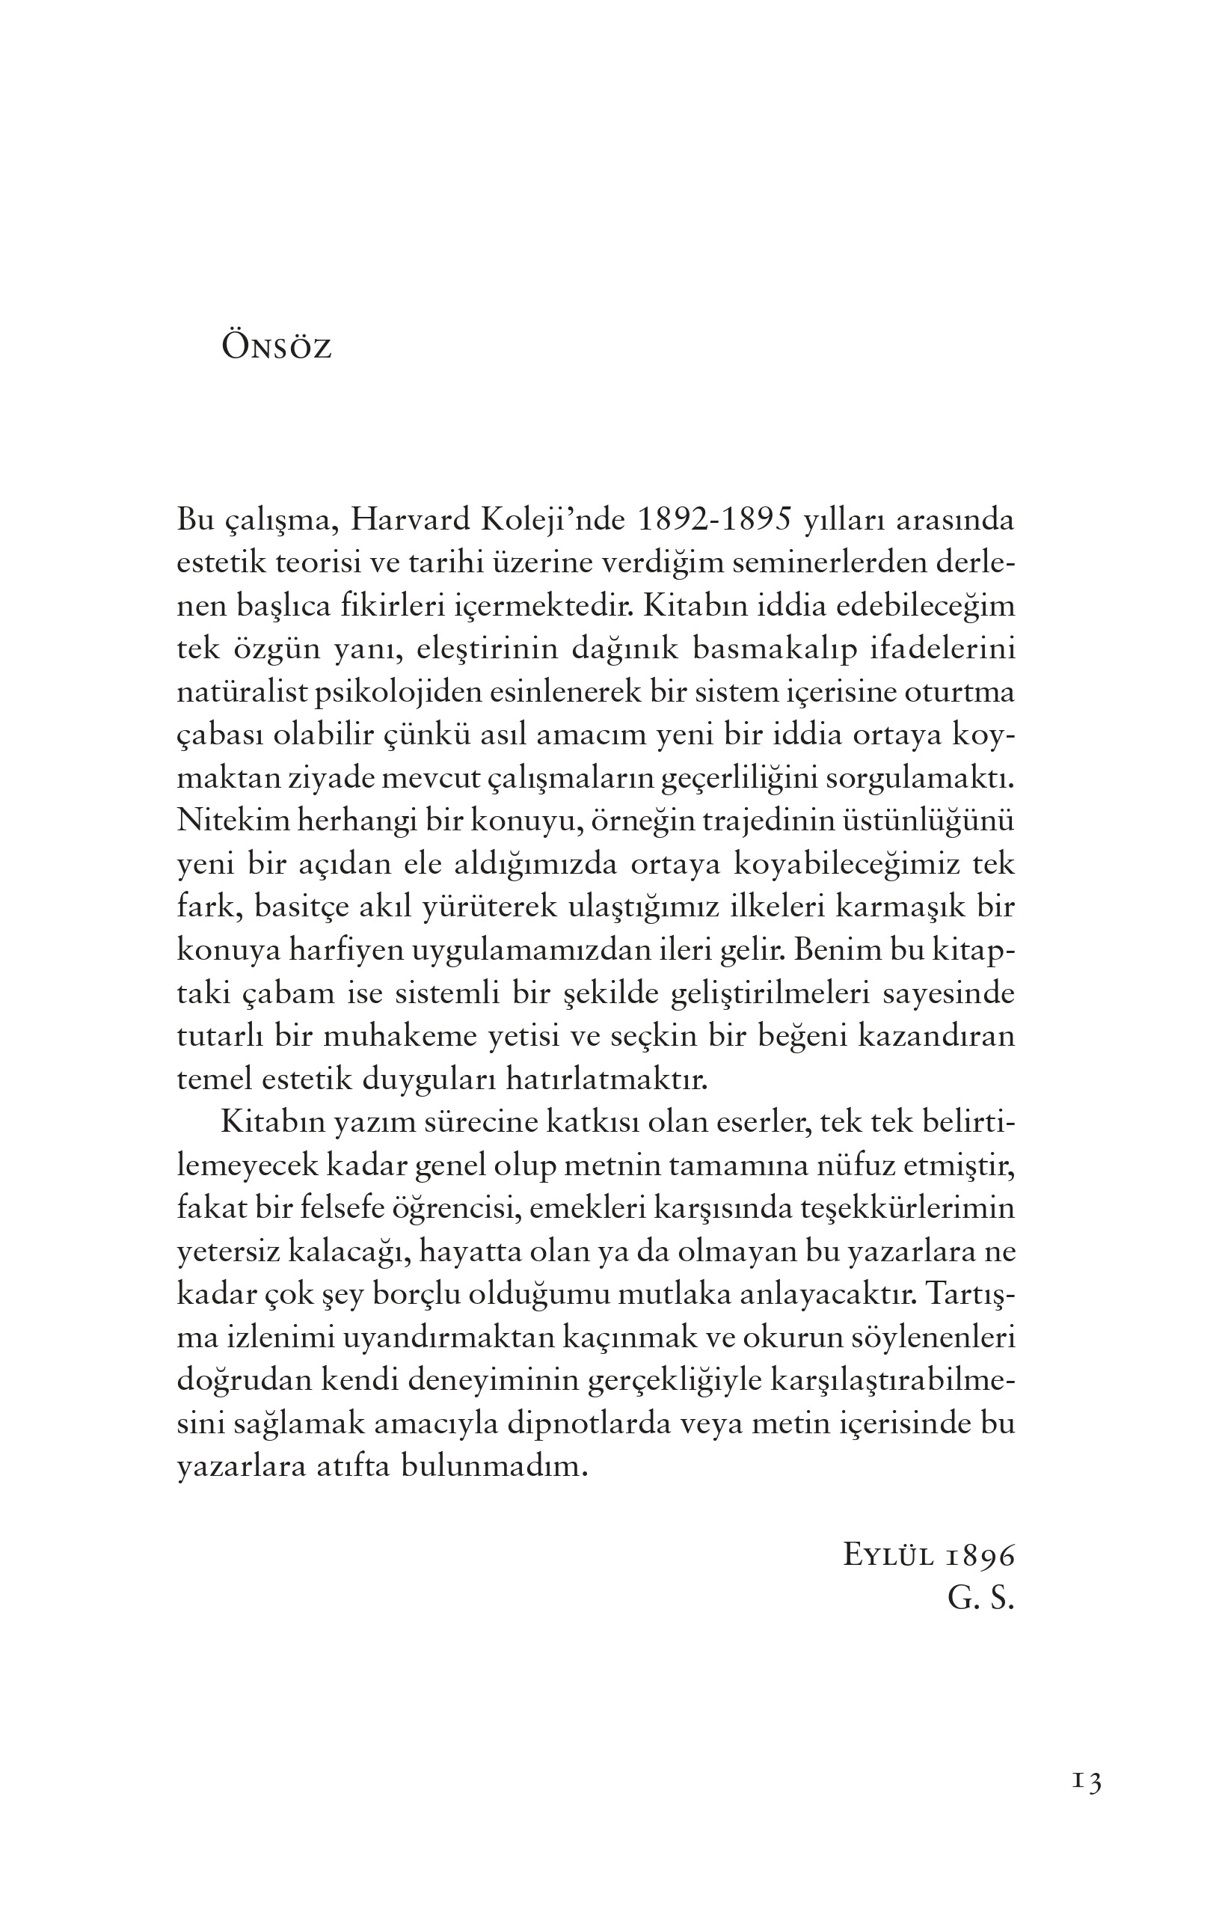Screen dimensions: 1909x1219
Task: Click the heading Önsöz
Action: click(276, 348)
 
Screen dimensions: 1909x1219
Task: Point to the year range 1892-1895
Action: click(715, 521)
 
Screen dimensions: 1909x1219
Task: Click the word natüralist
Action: click(241, 692)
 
